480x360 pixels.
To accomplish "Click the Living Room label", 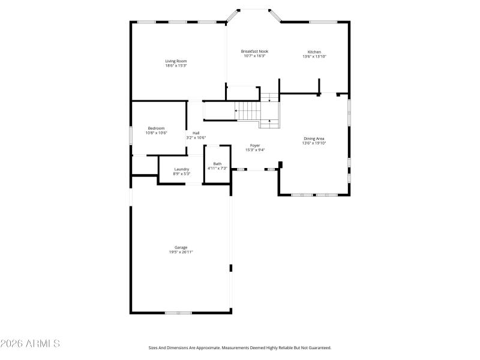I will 176,61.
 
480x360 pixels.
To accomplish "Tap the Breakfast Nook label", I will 254,52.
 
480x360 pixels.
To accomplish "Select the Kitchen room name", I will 314,52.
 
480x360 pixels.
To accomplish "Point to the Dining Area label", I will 314,139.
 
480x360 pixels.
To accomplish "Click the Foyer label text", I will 254,146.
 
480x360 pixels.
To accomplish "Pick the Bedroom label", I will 156,128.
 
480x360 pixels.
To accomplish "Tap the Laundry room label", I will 181,169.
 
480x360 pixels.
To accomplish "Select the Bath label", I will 217,164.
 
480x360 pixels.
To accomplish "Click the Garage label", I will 181,247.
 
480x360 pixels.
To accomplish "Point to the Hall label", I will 196,133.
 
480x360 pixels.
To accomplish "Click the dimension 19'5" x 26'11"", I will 181,252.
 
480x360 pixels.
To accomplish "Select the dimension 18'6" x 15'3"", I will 176,65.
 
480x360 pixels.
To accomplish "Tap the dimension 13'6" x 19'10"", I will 314,143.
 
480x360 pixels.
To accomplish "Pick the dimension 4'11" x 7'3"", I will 217,169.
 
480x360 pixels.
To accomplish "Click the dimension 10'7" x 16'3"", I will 254,56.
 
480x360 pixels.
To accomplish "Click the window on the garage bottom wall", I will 179,313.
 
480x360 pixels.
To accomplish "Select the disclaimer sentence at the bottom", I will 240,347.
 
